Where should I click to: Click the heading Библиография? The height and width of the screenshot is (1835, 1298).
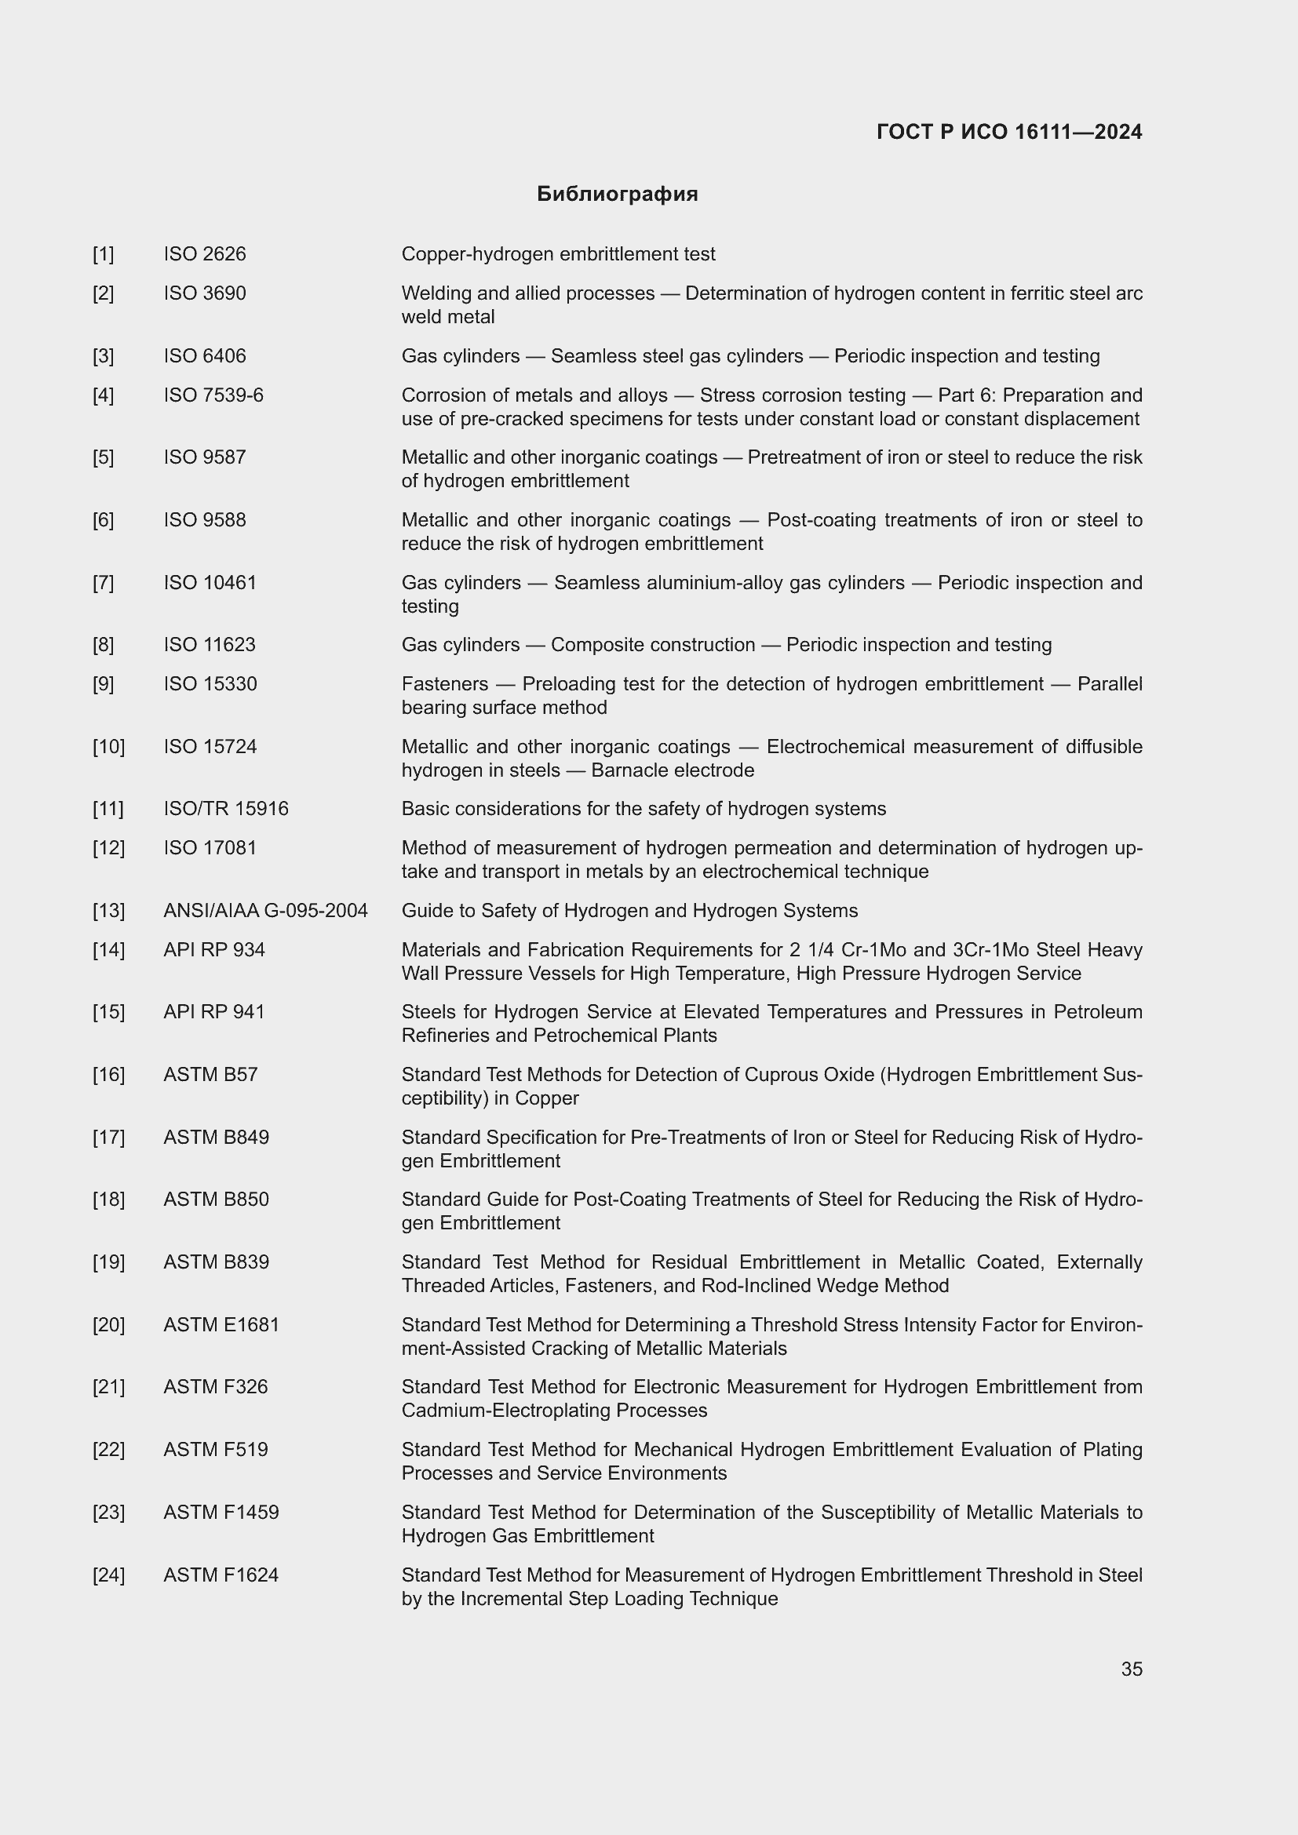point(617,195)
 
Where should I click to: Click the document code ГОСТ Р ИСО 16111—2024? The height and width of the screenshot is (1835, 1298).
point(1008,132)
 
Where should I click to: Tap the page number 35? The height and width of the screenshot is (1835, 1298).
point(1131,1669)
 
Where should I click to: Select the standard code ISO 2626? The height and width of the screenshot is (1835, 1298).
point(205,254)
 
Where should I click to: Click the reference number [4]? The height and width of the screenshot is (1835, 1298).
point(103,395)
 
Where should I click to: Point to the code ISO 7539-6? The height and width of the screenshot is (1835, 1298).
point(213,395)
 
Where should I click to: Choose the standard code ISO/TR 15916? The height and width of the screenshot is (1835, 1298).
point(226,809)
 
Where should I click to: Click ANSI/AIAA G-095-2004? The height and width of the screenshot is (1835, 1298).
point(265,911)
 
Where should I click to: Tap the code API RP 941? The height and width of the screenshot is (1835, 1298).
point(214,1012)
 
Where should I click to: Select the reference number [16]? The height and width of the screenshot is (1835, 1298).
point(109,1075)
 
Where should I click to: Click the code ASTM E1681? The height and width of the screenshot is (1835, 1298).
point(221,1325)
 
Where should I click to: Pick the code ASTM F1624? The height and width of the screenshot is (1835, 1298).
point(221,1575)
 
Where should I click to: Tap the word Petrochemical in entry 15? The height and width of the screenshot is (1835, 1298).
point(596,1036)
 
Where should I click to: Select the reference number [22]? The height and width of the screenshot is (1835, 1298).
point(109,1450)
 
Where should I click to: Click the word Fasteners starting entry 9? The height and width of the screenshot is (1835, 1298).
point(444,684)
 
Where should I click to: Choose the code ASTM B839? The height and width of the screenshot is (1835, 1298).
point(217,1262)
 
